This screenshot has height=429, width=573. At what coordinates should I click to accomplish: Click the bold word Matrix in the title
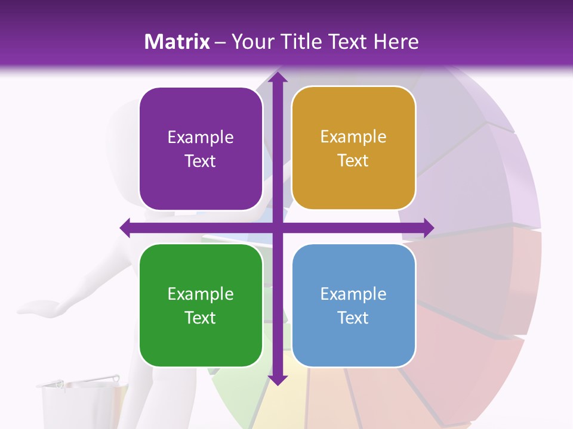coord(177,42)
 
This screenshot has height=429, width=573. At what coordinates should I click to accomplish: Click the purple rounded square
coord(201,149)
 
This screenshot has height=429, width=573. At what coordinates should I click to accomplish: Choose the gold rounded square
coord(353,148)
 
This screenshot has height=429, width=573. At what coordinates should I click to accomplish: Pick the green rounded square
coord(201,306)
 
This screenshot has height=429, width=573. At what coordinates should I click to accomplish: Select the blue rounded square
coord(353,306)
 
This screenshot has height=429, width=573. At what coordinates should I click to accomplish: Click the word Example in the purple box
coord(201,138)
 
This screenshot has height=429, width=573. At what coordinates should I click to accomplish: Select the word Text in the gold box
coord(353,161)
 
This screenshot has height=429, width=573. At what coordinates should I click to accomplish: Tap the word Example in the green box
coord(201,294)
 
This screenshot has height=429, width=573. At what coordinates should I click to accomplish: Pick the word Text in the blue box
coord(353,318)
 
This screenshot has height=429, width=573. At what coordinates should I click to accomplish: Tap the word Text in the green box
coord(201,318)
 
